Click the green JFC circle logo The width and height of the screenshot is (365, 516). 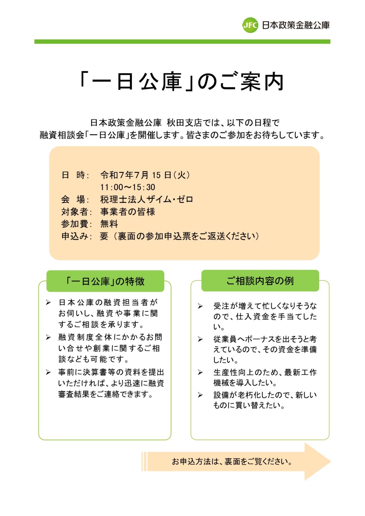point(250,25)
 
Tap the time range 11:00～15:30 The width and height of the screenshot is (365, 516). point(127,187)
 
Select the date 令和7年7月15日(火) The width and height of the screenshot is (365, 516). point(145,175)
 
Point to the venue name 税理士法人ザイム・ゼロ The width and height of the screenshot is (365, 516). point(147,200)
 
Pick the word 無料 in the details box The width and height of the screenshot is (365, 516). point(109,224)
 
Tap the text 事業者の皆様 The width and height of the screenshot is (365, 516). point(127,212)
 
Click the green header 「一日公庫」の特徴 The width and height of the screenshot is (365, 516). point(105,281)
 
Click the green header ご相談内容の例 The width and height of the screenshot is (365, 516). point(260,281)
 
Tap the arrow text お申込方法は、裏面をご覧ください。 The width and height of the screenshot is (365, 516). point(232,462)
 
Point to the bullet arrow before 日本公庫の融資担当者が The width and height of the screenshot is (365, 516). point(49,303)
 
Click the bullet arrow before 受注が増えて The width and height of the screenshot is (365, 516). point(200,306)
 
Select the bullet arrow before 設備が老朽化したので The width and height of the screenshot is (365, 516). point(200,395)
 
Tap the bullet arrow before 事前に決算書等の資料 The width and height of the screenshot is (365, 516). point(49,372)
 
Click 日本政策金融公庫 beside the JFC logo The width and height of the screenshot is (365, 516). point(296,25)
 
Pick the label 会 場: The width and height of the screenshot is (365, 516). point(75,200)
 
